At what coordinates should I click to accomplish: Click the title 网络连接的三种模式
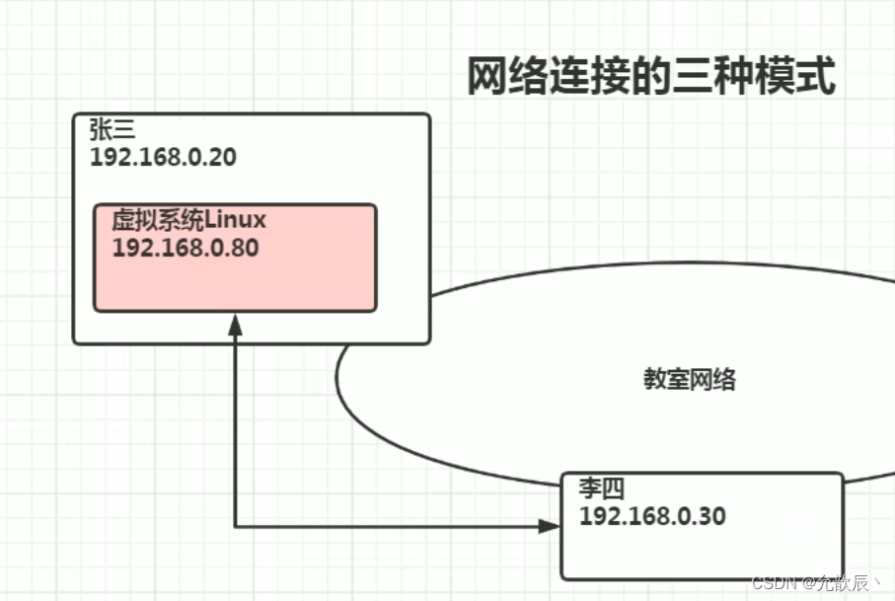[651, 77]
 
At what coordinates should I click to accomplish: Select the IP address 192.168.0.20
[163, 157]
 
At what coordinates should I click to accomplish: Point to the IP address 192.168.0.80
[186, 247]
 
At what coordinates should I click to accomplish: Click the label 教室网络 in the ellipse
[690, 380]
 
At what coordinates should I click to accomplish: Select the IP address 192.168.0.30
[652, 515]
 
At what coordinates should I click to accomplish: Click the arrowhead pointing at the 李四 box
[550, 526]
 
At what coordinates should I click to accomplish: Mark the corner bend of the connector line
[235, 526]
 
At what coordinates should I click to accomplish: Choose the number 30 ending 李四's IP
[712, 515]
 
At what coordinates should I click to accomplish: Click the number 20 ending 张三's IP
[223, 157]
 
